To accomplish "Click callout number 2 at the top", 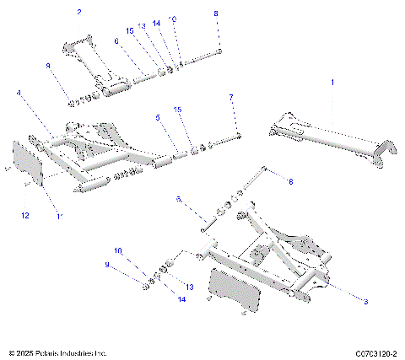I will (x=79, y=13).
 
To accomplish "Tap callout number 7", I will (x=231, y=98).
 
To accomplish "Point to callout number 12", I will (x=24, y=217).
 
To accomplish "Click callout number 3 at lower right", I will (x=366, y=300).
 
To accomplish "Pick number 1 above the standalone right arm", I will (x=332, y=83).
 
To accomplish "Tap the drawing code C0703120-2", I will (x=376, y=352).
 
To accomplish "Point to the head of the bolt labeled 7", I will (x=239, y=135).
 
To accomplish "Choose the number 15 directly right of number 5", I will (x=177, y=110).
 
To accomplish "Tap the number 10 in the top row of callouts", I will (x=173, y=18).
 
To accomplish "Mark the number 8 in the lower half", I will (x=291, y=181).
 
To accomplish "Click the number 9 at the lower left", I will (x=106, y=265).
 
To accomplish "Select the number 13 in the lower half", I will (x=189, y=287).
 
